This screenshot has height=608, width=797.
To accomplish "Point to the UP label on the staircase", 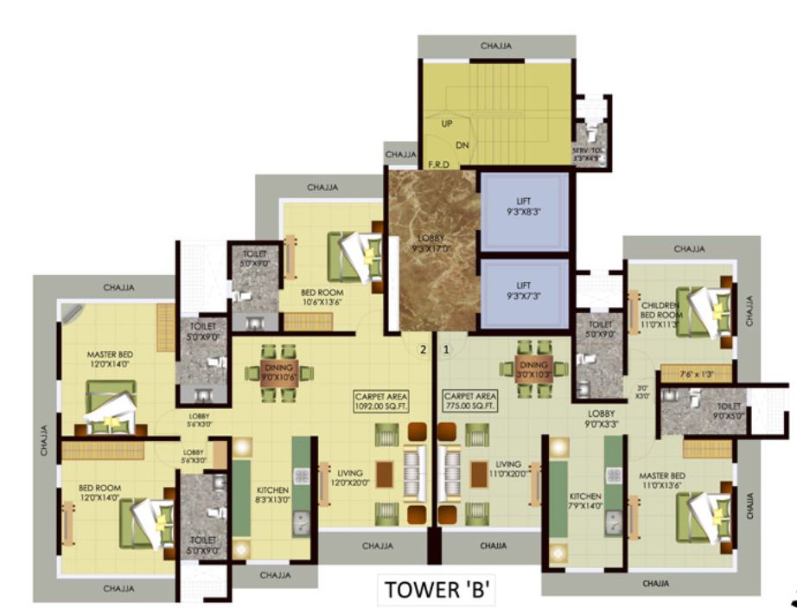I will [x=447, y=124].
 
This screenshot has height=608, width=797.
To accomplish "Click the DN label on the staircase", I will [x=462, y=144].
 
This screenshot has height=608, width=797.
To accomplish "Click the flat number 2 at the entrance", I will [x=423, y=350].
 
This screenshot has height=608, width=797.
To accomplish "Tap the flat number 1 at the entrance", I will [x=447, y=350].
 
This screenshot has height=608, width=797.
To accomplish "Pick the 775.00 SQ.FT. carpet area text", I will [x=469, y=401].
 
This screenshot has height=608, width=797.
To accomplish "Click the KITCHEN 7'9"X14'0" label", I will [x=584, y=501].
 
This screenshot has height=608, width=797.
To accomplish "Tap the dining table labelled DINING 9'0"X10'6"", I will [x=278, y=372].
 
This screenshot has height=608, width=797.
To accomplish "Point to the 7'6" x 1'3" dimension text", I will [x=696, y=374].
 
